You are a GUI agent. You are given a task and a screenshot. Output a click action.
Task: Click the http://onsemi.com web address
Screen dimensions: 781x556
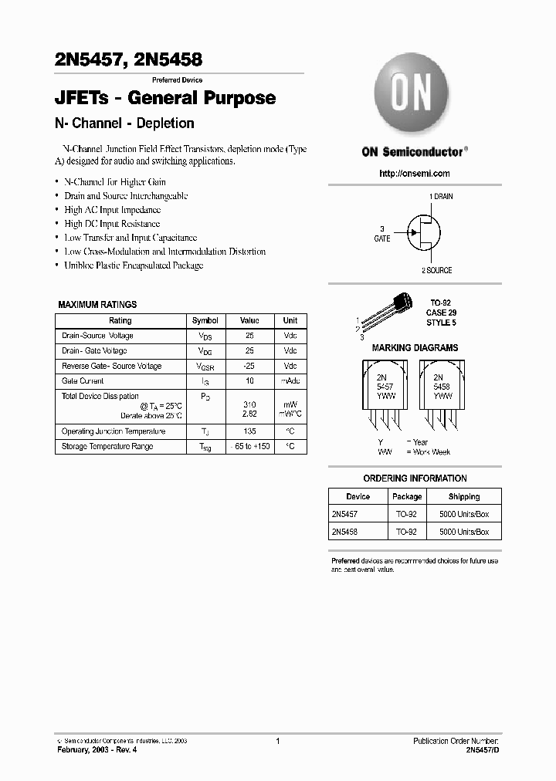(415, 174)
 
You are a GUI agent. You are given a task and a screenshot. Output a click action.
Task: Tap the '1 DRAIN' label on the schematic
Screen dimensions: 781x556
(441, 197)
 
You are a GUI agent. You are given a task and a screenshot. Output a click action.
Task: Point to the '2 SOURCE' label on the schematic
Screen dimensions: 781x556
(436, 270)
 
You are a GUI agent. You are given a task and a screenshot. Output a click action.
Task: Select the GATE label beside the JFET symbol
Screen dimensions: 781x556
(382, 238)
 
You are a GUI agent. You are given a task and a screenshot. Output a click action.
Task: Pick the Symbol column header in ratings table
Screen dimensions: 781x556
(205, 320)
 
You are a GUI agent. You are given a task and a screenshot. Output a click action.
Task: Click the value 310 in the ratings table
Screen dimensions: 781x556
(249, 405)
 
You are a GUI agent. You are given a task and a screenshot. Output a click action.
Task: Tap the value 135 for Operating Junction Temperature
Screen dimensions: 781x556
(249, 431)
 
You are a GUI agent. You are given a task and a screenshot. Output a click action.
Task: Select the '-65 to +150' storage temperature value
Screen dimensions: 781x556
(249, 447)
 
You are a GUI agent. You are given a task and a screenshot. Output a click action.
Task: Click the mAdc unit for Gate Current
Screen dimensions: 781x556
(290, 381)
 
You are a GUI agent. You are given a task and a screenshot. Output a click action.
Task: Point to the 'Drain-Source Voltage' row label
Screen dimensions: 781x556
(97, 336)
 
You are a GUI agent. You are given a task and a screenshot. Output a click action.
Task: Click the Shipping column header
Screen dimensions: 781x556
(463, 497)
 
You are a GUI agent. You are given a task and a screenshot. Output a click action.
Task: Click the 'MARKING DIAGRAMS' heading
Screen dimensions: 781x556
(415, 348)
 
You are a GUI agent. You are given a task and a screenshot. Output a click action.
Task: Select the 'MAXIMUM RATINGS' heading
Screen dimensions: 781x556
(97, 305)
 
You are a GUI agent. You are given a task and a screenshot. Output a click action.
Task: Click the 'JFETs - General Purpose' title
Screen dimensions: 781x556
(165, 98)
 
